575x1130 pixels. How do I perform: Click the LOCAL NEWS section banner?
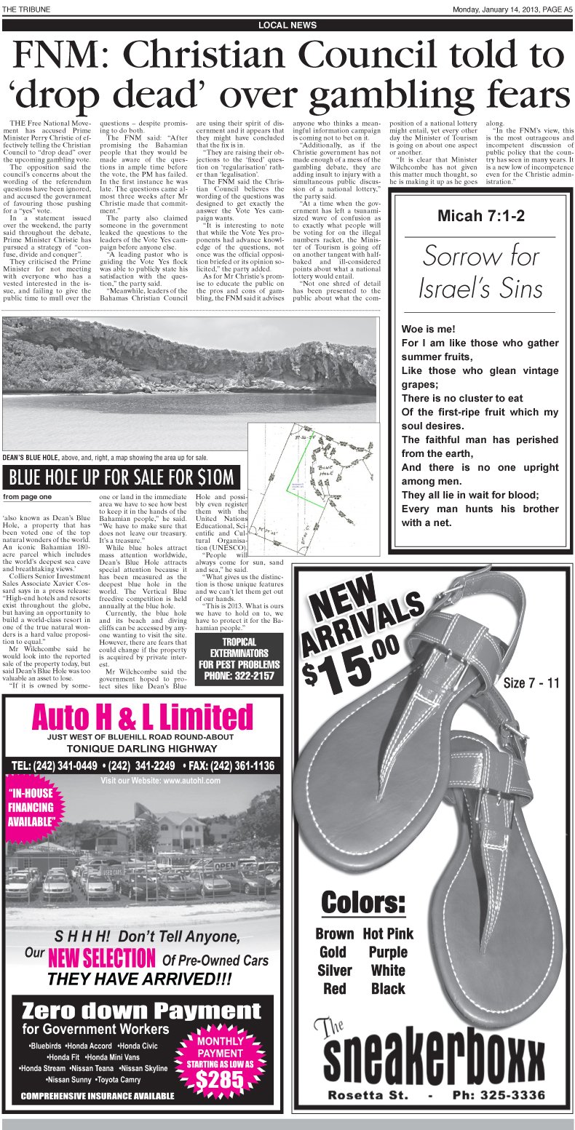coord(287,25)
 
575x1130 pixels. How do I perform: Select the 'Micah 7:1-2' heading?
coord(481,215)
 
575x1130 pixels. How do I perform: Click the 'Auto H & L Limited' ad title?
coord(143,717)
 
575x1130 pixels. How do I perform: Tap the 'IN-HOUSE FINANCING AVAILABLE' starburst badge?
coord(31,807)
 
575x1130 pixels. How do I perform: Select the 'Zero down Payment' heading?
coord(141,1011)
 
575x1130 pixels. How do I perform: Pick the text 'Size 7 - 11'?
coord(531,683)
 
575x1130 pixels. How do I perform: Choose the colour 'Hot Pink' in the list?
coord(388,934)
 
